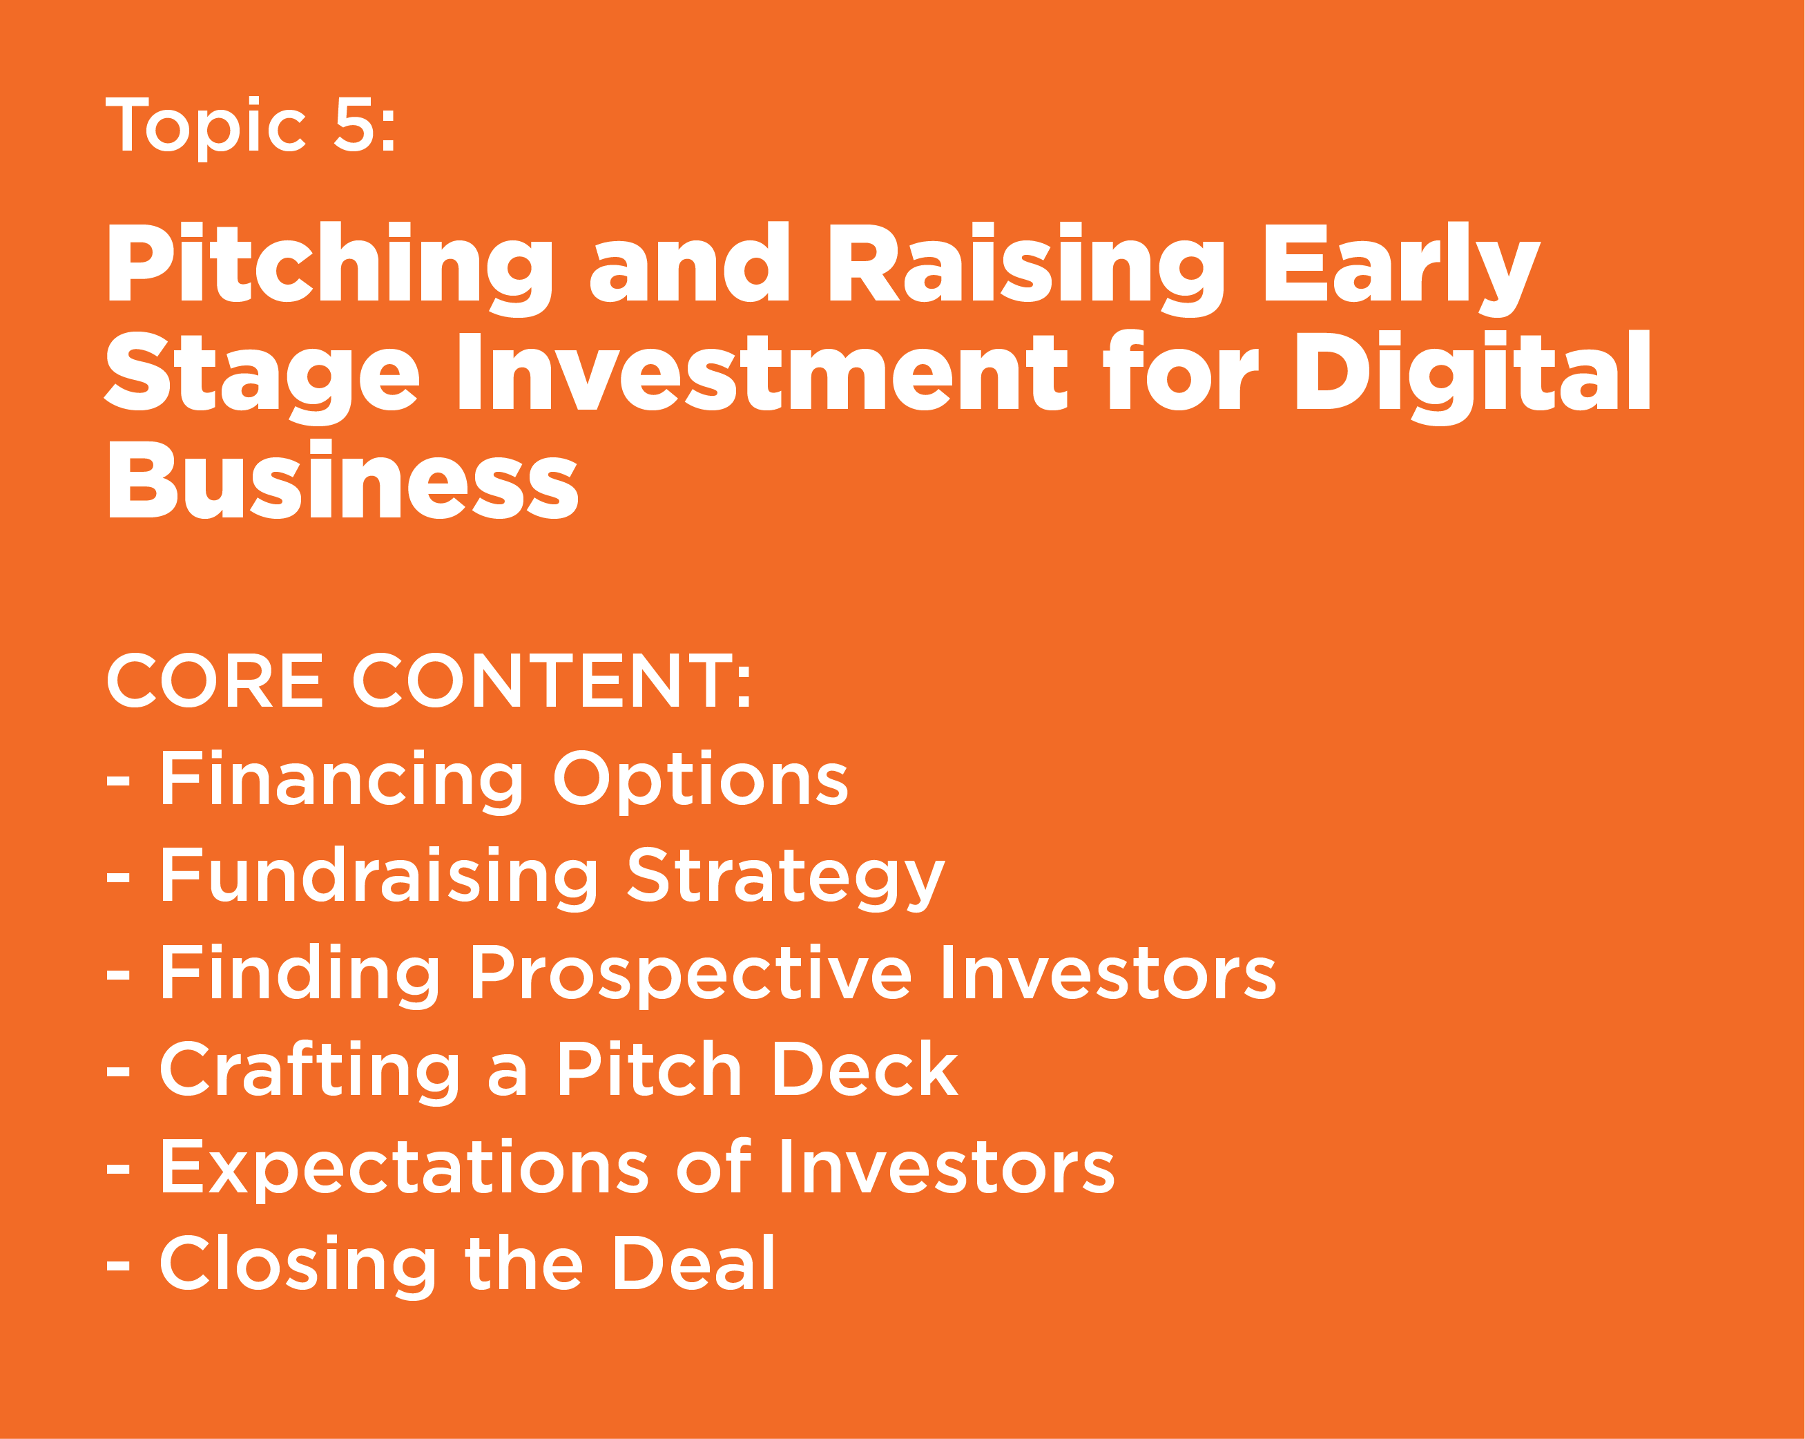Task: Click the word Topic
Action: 205,126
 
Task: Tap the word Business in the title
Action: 342,481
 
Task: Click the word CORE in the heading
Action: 214,681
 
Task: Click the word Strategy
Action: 786,877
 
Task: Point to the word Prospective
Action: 690,974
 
